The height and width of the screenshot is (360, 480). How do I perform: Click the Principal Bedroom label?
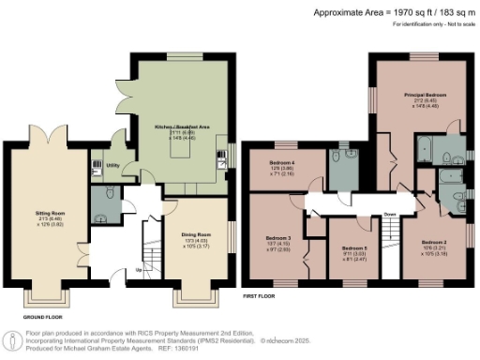pos(425,96)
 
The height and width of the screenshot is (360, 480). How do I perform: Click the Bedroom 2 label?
pos(433,242)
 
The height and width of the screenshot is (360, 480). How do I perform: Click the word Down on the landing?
pos(388,213)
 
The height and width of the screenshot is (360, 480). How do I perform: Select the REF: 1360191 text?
pos(209,348)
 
